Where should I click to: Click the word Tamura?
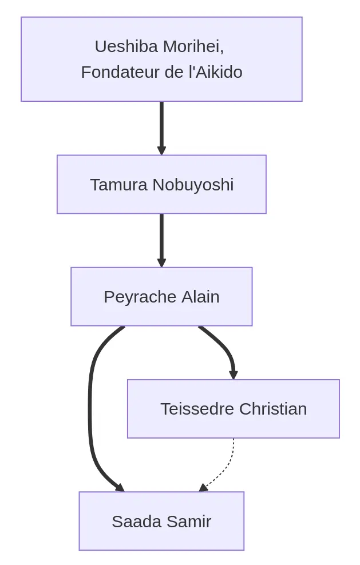pos(118,185)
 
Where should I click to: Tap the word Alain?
pos(200,297)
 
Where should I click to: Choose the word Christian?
pos(273,409)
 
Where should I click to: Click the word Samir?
pos(189,522)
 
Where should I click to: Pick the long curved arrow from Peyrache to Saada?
pos(90,409)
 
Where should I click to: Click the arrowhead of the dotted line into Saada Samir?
pos(203,488)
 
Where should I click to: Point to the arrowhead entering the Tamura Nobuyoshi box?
pos(161,151)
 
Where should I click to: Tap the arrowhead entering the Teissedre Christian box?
pos(234,375)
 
